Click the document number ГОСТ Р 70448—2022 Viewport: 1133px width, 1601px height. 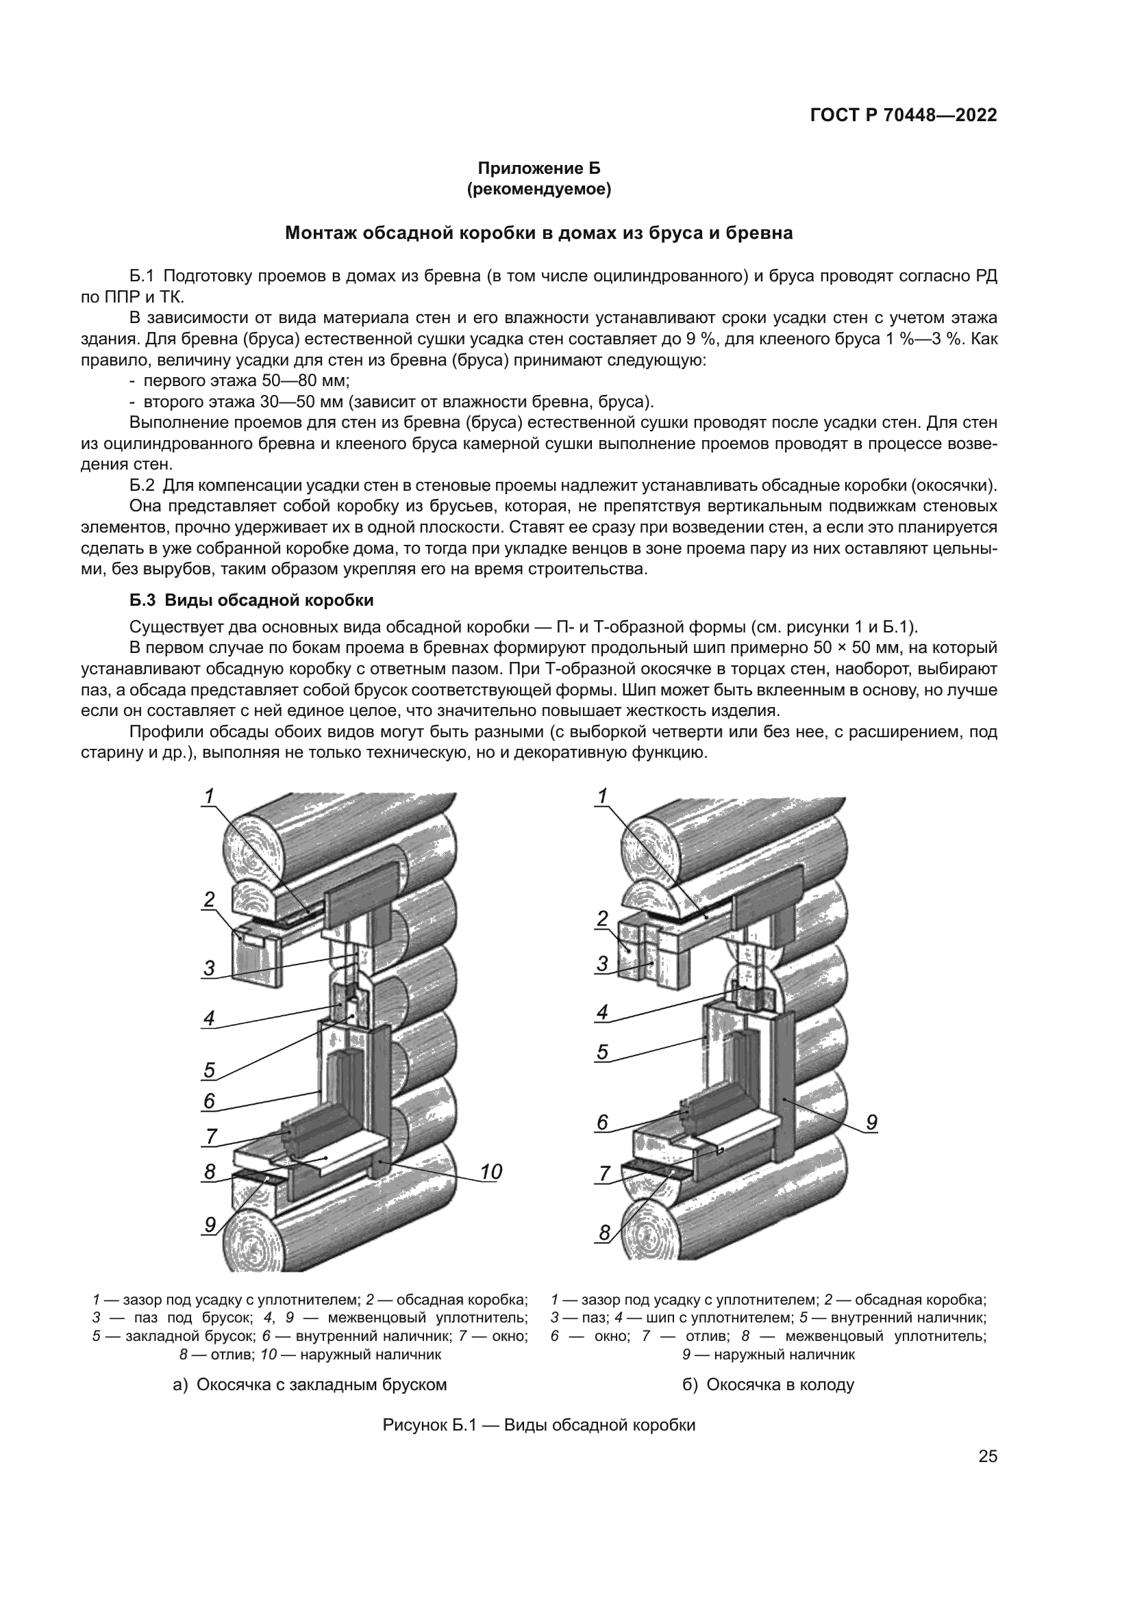click(x=903, y=116)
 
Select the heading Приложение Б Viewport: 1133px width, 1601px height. click(x=538, y=168)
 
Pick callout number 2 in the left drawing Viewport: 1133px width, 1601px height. click(x=209, y=899)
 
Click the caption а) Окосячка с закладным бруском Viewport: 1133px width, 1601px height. click(x=310, y=1381)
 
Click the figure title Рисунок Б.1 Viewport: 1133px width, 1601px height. click(x=538, y=1425)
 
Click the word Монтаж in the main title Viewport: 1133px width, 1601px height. click(x=320, y=233)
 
